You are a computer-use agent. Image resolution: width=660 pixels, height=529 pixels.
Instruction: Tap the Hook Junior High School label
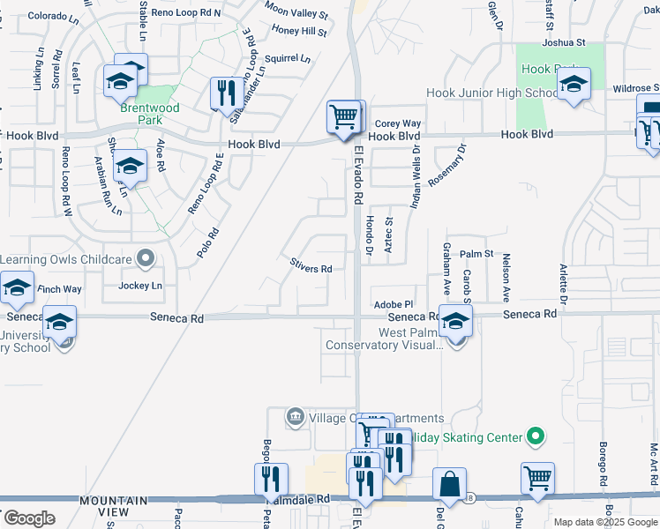click(x=491, y=93)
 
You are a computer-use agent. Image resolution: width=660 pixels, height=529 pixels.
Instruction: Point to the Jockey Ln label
click(x=140, y=286)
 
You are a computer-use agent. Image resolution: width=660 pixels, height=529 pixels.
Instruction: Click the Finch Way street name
click(x=59, y=288)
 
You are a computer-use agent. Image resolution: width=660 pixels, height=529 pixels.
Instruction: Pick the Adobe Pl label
click(x=394, y=303)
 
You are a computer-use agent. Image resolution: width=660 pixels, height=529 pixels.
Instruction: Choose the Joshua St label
click(x=564, y=41)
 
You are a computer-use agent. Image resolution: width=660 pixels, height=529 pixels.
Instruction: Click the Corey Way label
click(x=398, y=124)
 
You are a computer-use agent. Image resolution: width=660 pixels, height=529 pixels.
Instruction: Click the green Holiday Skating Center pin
click(x=533, y=436)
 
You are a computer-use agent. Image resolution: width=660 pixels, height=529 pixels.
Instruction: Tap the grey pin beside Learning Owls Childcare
click(x=146, y=259)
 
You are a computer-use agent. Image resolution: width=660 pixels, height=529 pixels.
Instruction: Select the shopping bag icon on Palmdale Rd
click(x=449, y=484)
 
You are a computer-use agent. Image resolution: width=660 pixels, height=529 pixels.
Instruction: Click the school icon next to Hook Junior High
click(x=574, y=85)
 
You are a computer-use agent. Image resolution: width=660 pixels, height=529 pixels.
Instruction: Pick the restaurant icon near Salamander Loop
click(x=226, y=92)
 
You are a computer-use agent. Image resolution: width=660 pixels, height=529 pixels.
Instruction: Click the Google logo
click(x=29, y=518)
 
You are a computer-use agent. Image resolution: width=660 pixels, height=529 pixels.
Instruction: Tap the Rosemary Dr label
click(x=446, y=165)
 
